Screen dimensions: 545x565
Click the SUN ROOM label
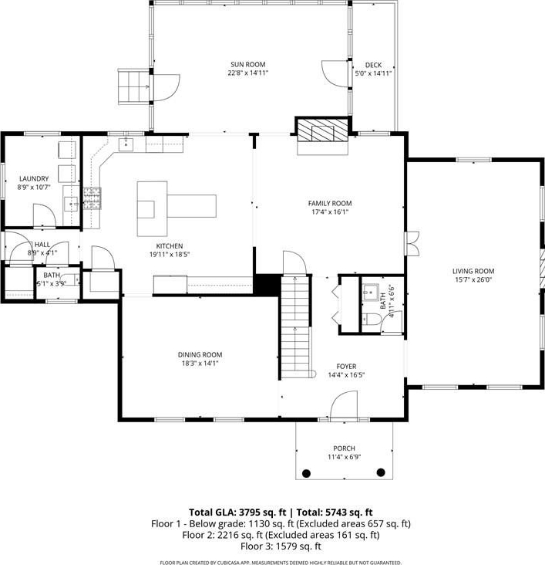click(x=248, y=65)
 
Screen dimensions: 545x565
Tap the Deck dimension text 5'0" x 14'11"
click(x=373, y=73)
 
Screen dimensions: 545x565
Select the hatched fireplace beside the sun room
click(x=322, y=130)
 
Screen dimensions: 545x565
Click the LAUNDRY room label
click(x=34, y=179)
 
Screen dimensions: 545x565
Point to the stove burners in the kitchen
click(x=93, y=198)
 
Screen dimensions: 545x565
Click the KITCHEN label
click(x=170, y=246)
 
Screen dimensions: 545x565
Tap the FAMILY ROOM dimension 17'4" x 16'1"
click(x=330, y=211)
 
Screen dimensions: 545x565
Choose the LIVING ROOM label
click(x=473, y=271)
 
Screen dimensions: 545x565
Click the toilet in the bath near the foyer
click(x=372, y=320)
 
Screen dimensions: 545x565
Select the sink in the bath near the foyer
click(x=371, y=293)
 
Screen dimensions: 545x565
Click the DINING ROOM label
click(x=200, y=354)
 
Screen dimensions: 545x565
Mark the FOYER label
click(x=346, y=367)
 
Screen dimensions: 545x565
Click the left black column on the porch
click(x=306, y=473)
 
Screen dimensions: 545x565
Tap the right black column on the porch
click(x=381, y=472)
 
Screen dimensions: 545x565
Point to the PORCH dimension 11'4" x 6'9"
click(x=344, y=457)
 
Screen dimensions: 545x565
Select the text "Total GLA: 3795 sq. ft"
click(x=237, y=512)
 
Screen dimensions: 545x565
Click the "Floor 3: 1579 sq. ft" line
click(x=281, y=546)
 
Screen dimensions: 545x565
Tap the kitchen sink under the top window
click(x=126, y=144)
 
